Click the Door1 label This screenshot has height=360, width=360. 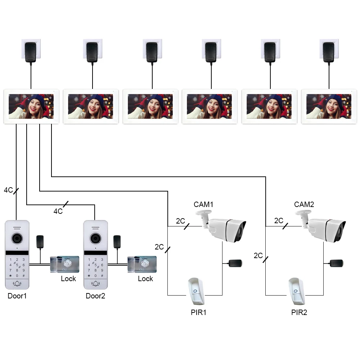click(17, 296)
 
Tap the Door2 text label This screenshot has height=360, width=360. click(95, 296)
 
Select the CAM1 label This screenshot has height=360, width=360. click(203, 204)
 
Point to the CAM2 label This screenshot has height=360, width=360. click(304, 204)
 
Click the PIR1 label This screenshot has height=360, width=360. click(199, 312)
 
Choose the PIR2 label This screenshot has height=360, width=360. click(299, 312)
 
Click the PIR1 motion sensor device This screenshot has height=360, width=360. click(196, 291)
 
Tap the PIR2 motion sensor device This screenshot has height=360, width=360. click(296, 291)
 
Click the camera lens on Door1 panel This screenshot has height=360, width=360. click(17, 239)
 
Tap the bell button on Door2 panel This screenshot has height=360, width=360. click(95, 284)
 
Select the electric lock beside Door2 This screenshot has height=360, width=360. click(142, 264)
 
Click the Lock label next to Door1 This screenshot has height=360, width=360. click(68, 279)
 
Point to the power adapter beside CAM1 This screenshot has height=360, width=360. click(235, 263)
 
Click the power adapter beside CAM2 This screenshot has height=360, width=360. click(336, 263)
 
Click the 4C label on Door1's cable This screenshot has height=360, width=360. click(9, 190)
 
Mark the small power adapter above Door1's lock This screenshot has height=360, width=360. click(40, 242)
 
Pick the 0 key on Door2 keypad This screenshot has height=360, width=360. click(95, 275)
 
